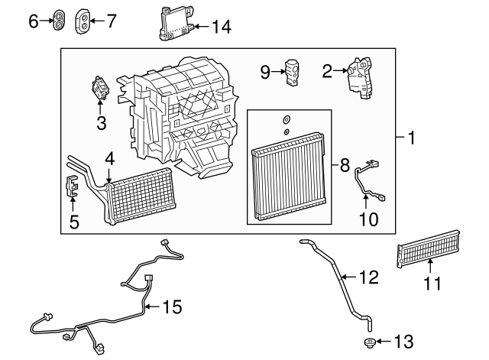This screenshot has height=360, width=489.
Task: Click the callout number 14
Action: [x=222, y=27]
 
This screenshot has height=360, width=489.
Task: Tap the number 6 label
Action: [x=34, y=21]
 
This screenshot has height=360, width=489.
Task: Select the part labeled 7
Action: [x=83, y=21]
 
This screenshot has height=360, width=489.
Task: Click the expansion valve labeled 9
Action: [x=291, y=72]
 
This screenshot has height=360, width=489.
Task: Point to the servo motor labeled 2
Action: [x=360, y=78]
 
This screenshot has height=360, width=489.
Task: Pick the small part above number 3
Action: [x=100, y=88]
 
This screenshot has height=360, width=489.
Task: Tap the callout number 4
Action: [x=109, y=159]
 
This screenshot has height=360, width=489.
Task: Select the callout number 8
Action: [x=345, y=165]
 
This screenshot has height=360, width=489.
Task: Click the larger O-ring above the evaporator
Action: [x=287, y=119]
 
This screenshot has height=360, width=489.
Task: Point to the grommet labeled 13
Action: [x=370, y=343]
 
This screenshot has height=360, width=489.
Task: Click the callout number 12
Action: [x=369, y=277]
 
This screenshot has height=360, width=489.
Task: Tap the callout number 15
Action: [x=173, y=306]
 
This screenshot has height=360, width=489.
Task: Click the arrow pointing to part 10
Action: [x=365, y=201]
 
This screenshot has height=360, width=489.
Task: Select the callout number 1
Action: [x=412, y=138]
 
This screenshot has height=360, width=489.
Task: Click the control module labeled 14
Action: [x=176, y=24]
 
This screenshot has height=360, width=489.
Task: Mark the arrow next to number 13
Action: [x=384, y=342]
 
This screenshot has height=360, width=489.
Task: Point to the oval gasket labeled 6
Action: [x=59, y=21]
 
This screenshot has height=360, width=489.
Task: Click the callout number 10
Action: [x=368, y=219]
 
